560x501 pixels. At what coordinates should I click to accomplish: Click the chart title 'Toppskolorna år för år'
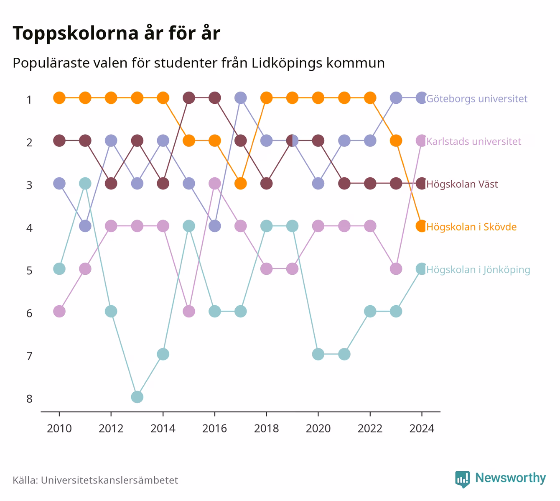pos(116,33)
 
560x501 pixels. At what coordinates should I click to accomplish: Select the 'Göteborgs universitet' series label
pos(476,99)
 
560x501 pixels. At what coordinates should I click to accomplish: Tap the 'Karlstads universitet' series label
pos(473,141)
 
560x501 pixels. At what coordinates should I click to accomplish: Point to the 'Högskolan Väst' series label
pos(462,184)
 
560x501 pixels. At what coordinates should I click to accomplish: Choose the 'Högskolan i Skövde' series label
pos(471,227)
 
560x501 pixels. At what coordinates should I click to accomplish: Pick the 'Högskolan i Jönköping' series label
pos(478,270)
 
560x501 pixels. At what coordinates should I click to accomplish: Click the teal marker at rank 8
pos(137,397)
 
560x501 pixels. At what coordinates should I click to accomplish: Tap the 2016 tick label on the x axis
pos(214,429)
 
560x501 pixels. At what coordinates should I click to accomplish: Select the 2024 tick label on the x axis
pos(422,429)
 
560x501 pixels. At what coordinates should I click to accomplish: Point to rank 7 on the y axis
pos(29,356)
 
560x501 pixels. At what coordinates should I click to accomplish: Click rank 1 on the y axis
pos(29,100)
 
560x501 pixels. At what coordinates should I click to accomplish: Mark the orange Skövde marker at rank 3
pos(240,184)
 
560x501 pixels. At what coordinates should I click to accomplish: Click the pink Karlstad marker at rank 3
pos(215,184)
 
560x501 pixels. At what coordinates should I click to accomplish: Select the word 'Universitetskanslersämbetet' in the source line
pos(109,480)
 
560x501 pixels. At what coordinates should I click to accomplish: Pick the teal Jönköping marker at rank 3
pos(85,184)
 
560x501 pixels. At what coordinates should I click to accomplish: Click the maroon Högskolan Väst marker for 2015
pos(189,98)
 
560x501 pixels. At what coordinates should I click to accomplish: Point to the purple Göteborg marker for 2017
pos(240,98)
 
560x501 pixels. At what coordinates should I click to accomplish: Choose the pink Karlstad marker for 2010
pos(59,312)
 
